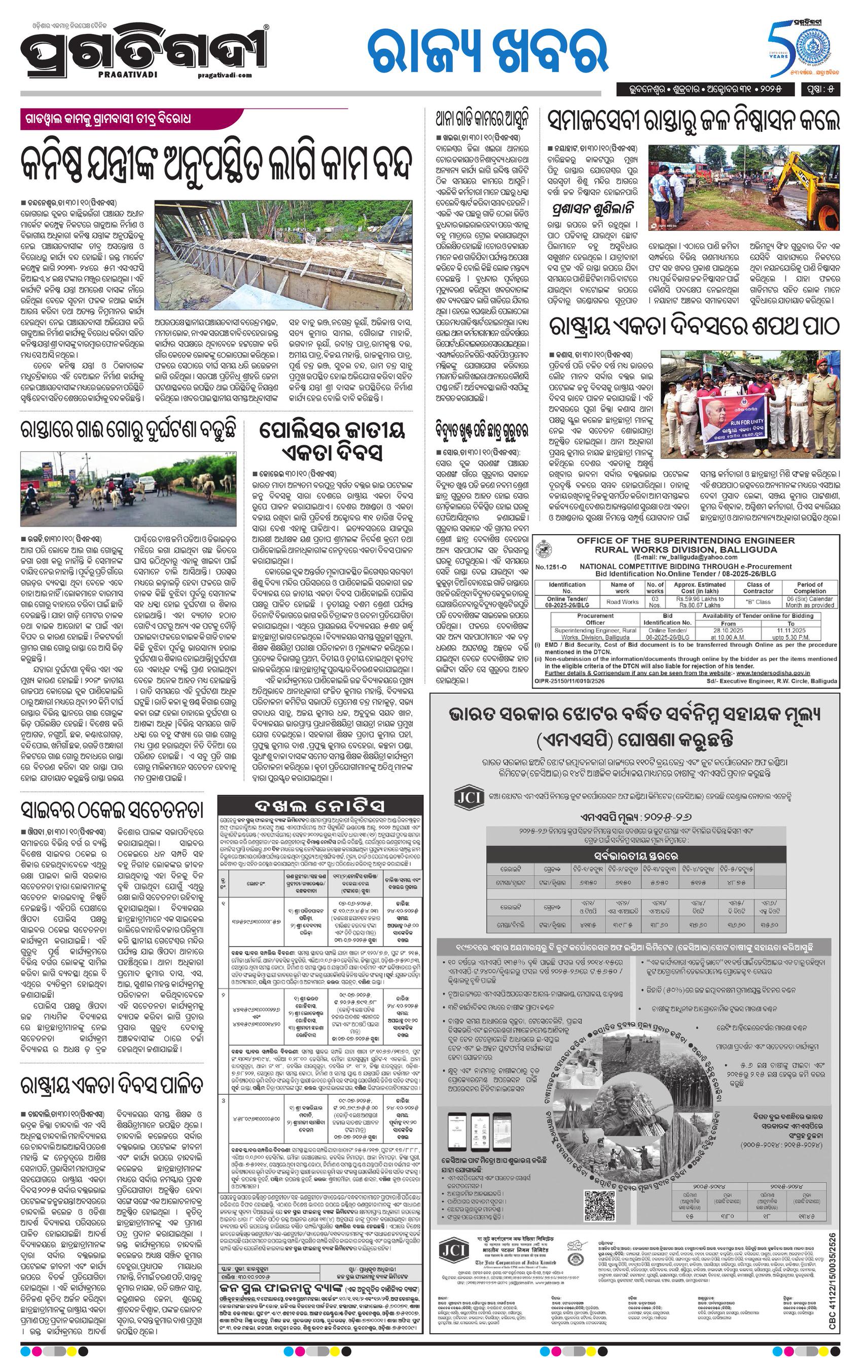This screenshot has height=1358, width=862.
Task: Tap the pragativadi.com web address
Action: pyautogui.click(x=225, y=75)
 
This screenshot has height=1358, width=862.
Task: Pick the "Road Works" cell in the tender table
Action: pyautogui.click(x=622, y=602)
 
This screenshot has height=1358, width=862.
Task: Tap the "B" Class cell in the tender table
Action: pyautogui.click(x=758, y=602)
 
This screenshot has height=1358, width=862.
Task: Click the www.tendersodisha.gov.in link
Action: pyautogui.click(x=773, y=673)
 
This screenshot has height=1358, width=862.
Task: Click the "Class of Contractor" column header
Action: pyautogui.click(x=758, y=587)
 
